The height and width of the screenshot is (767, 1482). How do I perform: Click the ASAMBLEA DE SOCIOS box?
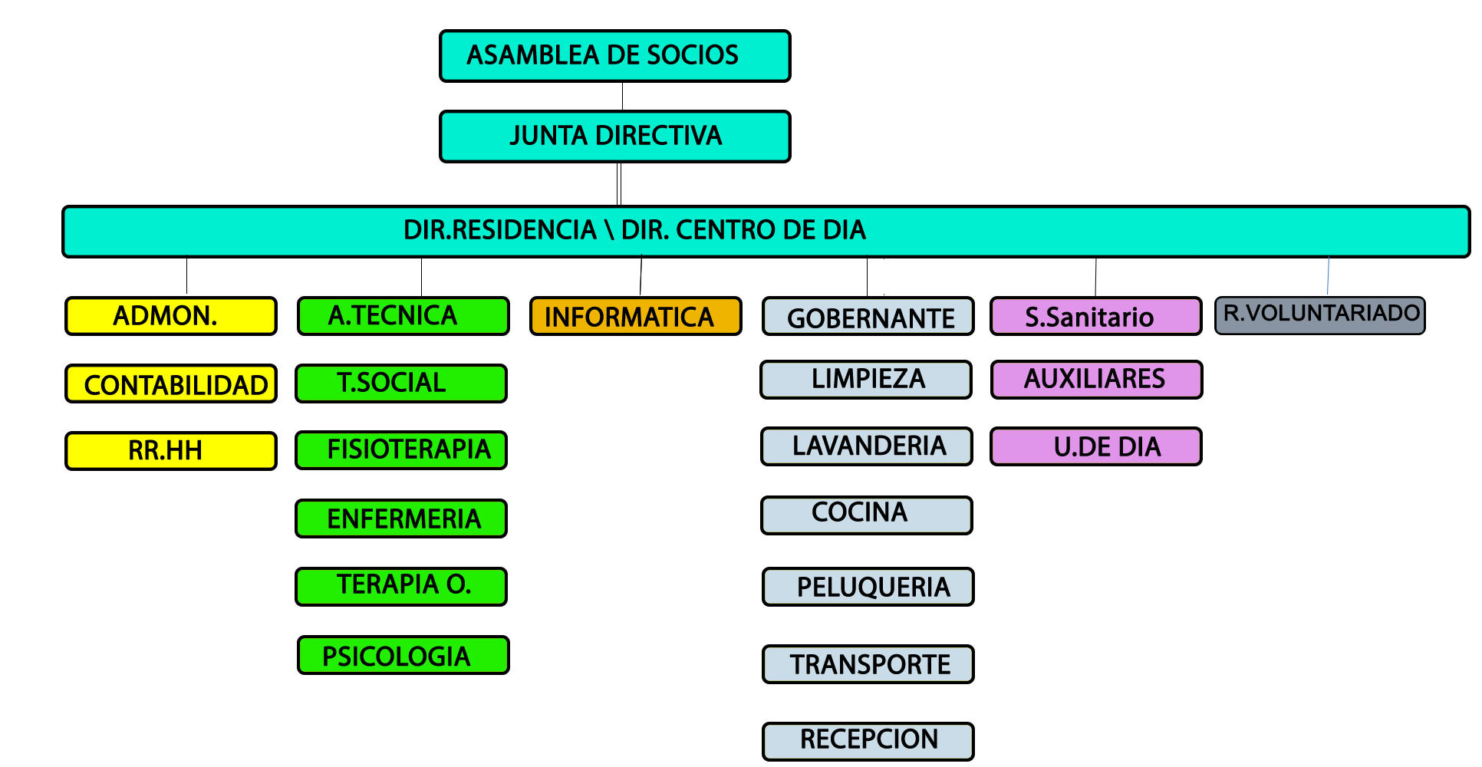point(614,56)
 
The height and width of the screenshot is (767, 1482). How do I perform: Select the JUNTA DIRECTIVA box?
point(614,137)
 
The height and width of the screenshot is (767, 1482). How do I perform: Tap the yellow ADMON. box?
point(171,316)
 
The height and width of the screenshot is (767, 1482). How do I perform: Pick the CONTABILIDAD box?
point(171,383)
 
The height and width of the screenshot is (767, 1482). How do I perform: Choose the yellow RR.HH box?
point(171,451)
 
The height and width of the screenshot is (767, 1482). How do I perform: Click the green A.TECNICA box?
point(403,316)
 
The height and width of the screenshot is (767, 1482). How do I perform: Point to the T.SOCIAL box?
point(401,383)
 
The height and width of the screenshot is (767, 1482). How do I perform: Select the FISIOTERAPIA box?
point(401,450)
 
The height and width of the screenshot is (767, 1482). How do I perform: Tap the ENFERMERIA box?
point(401,518)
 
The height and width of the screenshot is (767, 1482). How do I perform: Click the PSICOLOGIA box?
point(403,655)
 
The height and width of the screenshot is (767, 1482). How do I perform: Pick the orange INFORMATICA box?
point(636,316)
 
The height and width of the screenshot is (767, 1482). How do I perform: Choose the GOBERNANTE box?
point(868,316)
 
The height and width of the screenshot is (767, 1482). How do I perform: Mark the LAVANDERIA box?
point(867,446)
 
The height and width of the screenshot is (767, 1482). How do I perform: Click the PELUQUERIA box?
point(868,587)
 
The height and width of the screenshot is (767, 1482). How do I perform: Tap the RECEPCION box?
point(868,742)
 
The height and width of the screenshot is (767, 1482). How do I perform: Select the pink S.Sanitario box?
point(1096,316)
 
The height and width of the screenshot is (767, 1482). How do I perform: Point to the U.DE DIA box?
point(1096,446)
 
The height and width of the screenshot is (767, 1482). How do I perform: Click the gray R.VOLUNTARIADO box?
point(1320,315)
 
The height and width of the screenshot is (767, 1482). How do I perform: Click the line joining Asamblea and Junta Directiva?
point(622,97)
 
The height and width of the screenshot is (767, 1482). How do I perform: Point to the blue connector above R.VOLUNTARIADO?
point(1328,276)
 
